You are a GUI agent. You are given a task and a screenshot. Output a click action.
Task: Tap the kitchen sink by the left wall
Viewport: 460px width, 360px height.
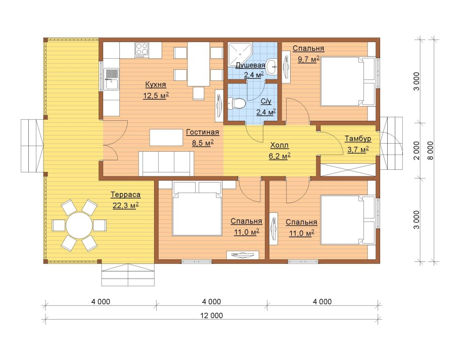point(112,79)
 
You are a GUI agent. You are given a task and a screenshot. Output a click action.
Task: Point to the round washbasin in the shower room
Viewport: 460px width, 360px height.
point(271,65)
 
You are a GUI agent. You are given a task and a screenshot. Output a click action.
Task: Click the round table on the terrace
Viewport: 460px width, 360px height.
point(79,226)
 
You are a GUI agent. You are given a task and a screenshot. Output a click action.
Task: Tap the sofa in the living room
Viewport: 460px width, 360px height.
point(166,163)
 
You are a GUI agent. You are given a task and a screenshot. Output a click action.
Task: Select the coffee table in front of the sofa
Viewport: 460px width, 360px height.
point(166,138)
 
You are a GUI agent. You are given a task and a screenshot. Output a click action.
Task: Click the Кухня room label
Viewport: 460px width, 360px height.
point(156,84)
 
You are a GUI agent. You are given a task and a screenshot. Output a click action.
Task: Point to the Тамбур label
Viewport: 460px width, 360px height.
point(357,139)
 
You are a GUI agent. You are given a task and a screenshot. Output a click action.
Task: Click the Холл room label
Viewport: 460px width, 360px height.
point(279,145)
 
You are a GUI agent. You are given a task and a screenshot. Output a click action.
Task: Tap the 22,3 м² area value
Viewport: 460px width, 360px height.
point(125,205)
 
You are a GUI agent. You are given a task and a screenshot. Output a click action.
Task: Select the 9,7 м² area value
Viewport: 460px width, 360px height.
point(308,59)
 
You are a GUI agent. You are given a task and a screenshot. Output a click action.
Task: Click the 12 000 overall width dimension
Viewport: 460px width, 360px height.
point(211,316)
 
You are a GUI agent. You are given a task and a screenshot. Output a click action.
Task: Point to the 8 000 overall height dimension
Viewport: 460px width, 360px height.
point(430,151)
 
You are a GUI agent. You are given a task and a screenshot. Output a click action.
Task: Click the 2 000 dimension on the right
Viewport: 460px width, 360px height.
point(417,151)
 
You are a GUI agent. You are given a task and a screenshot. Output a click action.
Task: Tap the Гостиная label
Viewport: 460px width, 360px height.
point(202,132)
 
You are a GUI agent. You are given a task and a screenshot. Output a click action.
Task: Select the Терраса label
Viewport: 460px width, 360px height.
point(125,195)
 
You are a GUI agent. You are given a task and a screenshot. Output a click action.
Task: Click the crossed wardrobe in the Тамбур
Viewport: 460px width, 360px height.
point(348,170)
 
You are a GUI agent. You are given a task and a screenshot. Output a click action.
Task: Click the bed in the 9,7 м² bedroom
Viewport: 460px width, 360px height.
point(348,81)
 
